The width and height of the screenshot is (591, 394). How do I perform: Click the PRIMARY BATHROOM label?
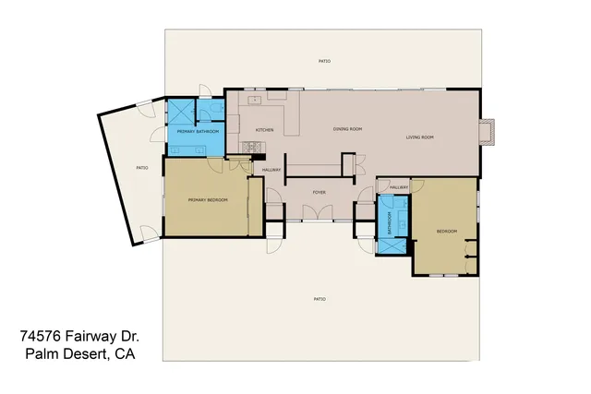click(x=198, y=132)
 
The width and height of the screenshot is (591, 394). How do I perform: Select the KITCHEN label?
click(x=265, y=130)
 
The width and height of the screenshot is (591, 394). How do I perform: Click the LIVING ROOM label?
click(x=419, y=137)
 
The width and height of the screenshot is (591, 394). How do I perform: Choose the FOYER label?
click(x=319, y=193)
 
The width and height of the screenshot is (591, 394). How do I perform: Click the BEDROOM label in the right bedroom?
click(x=447, y=231)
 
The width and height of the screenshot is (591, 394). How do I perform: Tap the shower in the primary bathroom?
click(x=179, y=113)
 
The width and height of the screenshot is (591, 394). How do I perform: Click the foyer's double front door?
click(x=318, y=215)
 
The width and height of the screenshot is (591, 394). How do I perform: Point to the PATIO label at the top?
click(x=324, y=61)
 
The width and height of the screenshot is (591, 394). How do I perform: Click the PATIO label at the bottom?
click(x=320, y=299)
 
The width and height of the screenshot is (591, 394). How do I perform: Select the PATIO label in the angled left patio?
click(x=141, y=168)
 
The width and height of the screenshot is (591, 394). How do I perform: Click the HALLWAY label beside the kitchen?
click(x=271, y=170)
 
